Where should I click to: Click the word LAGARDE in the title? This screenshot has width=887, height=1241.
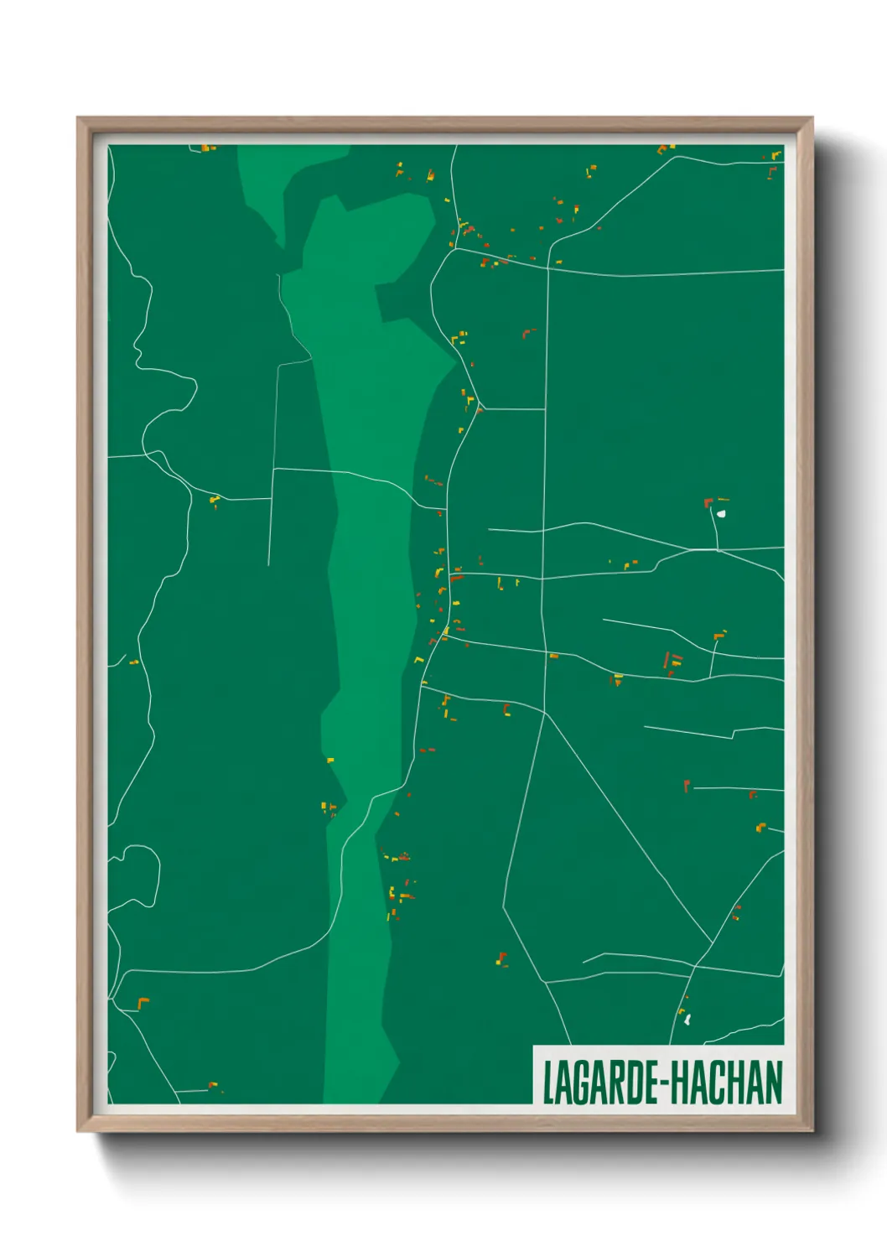click(x=601, y=1083)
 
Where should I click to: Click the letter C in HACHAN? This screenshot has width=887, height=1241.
click(x=718, y=1083)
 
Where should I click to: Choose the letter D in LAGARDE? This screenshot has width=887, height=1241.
click(x=634, y=1083)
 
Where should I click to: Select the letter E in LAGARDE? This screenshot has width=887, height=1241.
click(x=651, y=1083)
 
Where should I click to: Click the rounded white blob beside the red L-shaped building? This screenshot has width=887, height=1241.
click(x=721, y=513)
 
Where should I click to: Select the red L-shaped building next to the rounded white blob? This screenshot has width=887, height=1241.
click(x=708, y=503)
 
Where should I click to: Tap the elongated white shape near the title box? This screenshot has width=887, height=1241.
click(x=687, y=1020)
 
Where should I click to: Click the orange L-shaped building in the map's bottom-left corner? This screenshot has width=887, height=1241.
click(x=143, y=1002)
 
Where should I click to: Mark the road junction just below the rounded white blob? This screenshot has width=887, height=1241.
click(x=718, y=550)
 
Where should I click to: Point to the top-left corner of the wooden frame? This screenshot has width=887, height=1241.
click(x=78, y=118)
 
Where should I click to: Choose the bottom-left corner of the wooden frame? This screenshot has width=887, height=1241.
click(x=78, y=1131)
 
